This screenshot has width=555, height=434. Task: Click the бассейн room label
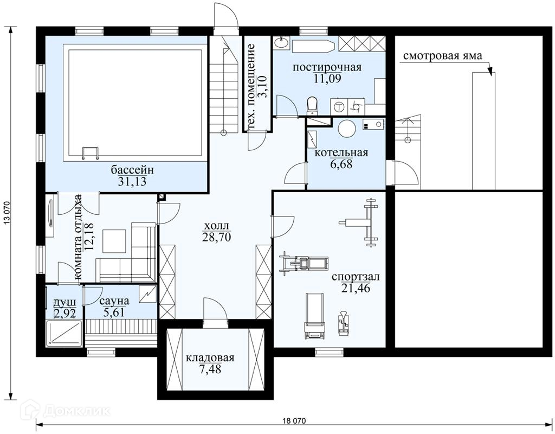coord(132,170)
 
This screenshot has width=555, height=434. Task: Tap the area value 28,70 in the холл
coord(216,237)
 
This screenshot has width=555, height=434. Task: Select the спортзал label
coord(356,277)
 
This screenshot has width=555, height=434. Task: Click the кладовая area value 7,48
coord(210,369)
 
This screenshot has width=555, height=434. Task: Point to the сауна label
coord(114,301)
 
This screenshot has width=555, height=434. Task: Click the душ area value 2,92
coord(64,313)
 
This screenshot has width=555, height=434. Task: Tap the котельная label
coord(341,152)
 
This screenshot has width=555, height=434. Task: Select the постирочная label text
coord(327,67)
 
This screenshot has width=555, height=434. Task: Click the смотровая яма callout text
coord(442,56)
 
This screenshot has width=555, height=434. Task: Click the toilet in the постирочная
coord(312,106)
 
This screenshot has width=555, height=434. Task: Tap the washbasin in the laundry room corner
coord(281,43)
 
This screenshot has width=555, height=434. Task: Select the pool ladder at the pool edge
coord(91,153)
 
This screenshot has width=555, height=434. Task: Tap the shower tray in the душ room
coord(65,333)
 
